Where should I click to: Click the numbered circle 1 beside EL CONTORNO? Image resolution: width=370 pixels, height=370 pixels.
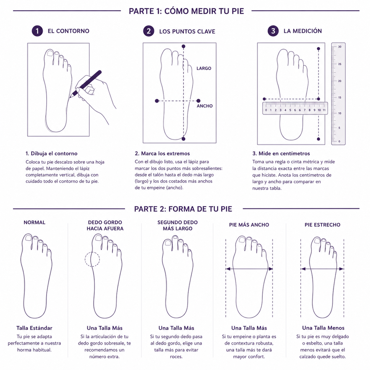pyautogui.click(x=37, y=31)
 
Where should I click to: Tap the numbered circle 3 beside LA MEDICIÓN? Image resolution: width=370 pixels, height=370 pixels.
pyautogui.click(x=273, y=31)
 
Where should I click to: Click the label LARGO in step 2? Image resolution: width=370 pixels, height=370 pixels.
pyautogui.click(x=204, y=68)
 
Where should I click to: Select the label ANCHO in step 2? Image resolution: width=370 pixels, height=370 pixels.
pyautogui.click(x=204, y=106)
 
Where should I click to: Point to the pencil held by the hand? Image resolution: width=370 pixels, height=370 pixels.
pyautogui.click(x=85, y=84)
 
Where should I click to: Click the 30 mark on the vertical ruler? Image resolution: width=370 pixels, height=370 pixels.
pyautogui.click(x=339, y=47)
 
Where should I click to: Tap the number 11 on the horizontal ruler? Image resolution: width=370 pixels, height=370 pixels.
pyautogui.click(x=324, y=110)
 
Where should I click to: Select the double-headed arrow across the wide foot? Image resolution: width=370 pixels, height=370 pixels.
pyautogui.click(x=249, y=269)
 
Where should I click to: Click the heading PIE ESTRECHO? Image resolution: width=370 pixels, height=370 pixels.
pyautogui.click(x=323, y=225)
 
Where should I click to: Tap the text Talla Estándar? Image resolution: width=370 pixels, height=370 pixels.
pyautogui.click(x=34, y=328)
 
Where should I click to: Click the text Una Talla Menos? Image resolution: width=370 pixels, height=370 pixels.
pyautogui.click(x=323, y=328)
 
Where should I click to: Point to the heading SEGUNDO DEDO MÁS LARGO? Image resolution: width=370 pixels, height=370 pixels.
pyautogui.click(x=177, y=225)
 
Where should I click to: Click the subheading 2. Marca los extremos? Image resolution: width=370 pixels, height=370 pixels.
pyautogui.click(x=162, y=154)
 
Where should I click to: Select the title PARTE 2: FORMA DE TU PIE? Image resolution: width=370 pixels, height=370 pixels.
pyautogui.click(x=183, y=209)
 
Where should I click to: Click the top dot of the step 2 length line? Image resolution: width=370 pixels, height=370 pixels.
pyautogui.click(x=183, y=46)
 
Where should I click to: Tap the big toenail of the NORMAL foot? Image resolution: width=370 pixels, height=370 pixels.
pyautogui.click(x=28, y=238)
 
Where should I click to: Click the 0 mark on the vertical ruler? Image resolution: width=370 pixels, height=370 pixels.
pyautogui.click(x=339, y=142)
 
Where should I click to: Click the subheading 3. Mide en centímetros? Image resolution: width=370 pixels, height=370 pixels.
pyautogui.click(x=281, y=154)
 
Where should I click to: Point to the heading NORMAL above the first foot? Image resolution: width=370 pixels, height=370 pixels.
pyautogui.click(x=35, y=222)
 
